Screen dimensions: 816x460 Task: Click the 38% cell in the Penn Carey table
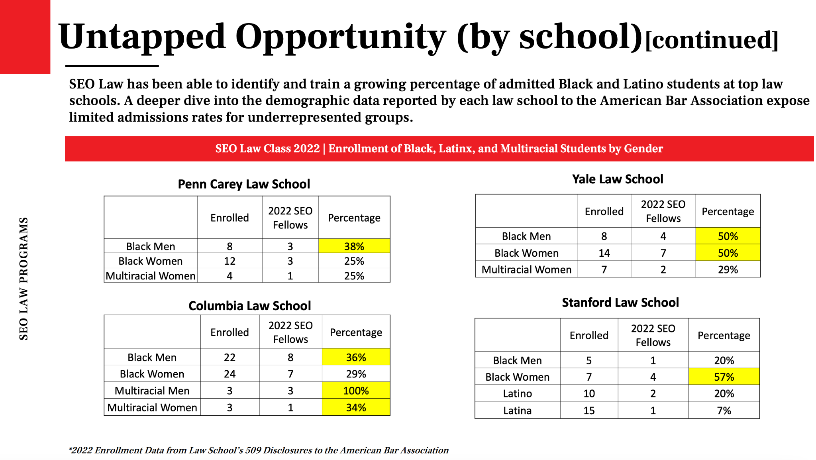pos(354,246)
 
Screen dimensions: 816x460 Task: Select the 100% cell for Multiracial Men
pos(356,390)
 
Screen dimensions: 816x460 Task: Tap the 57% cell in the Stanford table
pos(724,377)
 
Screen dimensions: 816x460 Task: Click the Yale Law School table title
pos(618,179)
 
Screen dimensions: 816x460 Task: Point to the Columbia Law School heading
pos(249,306)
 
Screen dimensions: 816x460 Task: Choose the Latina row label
pos(517,410)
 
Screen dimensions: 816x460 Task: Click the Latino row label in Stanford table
pos(517,393)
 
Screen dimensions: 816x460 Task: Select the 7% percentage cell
pos(724,410)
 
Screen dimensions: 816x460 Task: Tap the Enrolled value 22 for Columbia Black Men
pos(229,357)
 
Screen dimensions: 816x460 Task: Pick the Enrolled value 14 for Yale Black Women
pos(604,253)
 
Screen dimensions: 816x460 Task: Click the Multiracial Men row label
pos(152,391)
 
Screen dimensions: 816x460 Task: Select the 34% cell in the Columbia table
pos(356,407)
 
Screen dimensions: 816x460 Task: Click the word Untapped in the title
pos(142,37)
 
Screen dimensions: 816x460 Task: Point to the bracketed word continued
pos(712,40)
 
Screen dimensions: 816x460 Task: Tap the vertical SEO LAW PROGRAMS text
pos(24,279)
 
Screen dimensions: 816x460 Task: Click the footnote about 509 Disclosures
pos(259,450)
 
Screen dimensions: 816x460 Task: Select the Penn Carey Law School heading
pos(244,184)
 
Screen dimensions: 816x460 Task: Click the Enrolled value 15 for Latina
pos(589,410)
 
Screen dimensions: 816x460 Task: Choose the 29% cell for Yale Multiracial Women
pos(728,269)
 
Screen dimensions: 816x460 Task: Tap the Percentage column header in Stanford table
pos(724,335)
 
